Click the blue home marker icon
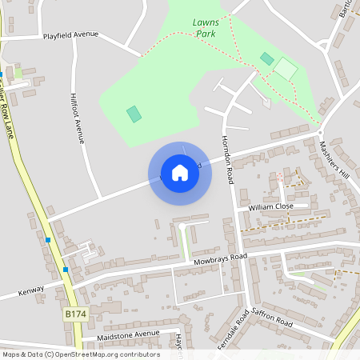point(180,173)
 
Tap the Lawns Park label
point(206,29)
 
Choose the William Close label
point(271,206)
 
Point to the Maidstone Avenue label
point(123,334)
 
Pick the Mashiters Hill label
point(335,160)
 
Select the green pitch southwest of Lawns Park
point(134,114)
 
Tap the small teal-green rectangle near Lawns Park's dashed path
point(266,58)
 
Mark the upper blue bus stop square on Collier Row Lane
point(48,239)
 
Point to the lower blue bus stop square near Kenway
point(66,270)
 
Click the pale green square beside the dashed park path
point(286,69)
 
